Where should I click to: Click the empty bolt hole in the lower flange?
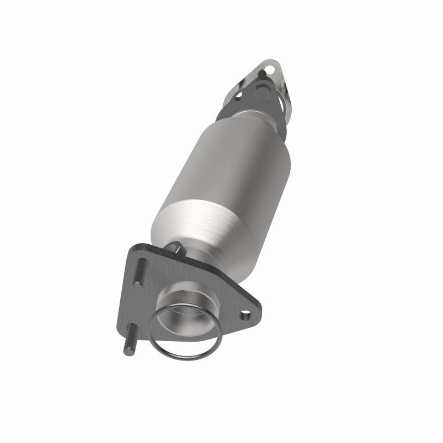[244, 316]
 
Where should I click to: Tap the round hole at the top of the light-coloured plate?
[270, 70]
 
